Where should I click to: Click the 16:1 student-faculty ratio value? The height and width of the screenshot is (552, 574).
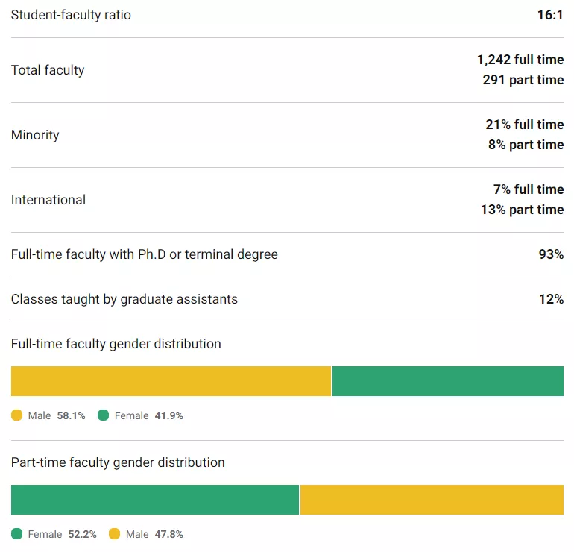[x=550, y=15]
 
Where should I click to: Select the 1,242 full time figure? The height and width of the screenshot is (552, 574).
[x=520, y=60]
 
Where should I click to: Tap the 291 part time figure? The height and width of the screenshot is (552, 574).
[x=523, y=80]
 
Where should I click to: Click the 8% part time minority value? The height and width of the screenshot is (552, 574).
[x=526, y=145]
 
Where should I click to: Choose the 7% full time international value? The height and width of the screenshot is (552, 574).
[x=528, y=189]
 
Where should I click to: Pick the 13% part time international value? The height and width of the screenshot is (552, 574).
[x=522, y=210]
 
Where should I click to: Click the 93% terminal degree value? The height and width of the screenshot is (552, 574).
[x=551, y=254]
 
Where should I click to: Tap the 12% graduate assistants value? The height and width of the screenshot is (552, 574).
[x=551, y=299]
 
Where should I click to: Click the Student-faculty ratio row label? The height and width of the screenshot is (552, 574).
[x=71, y=15]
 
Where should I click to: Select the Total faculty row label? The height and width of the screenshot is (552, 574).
[x=48, y=70]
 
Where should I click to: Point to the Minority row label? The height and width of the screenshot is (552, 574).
[x=35, y=135]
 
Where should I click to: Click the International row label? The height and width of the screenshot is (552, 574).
[x=48, y=200]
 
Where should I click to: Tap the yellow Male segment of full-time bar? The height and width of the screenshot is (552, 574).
[x=171, y=381]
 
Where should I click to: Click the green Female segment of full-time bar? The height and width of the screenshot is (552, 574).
[x=447, y=381]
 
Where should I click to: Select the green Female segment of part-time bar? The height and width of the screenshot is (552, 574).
[x=155, y=500]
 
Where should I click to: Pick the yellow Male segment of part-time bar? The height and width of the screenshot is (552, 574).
[x=432, y=500]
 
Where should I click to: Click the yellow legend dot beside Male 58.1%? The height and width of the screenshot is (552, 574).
[x=17, y=415]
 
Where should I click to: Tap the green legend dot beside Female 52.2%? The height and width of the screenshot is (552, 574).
[x=17, y=534]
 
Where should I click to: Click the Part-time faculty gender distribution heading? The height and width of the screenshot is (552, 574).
[x=118, y=462]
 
